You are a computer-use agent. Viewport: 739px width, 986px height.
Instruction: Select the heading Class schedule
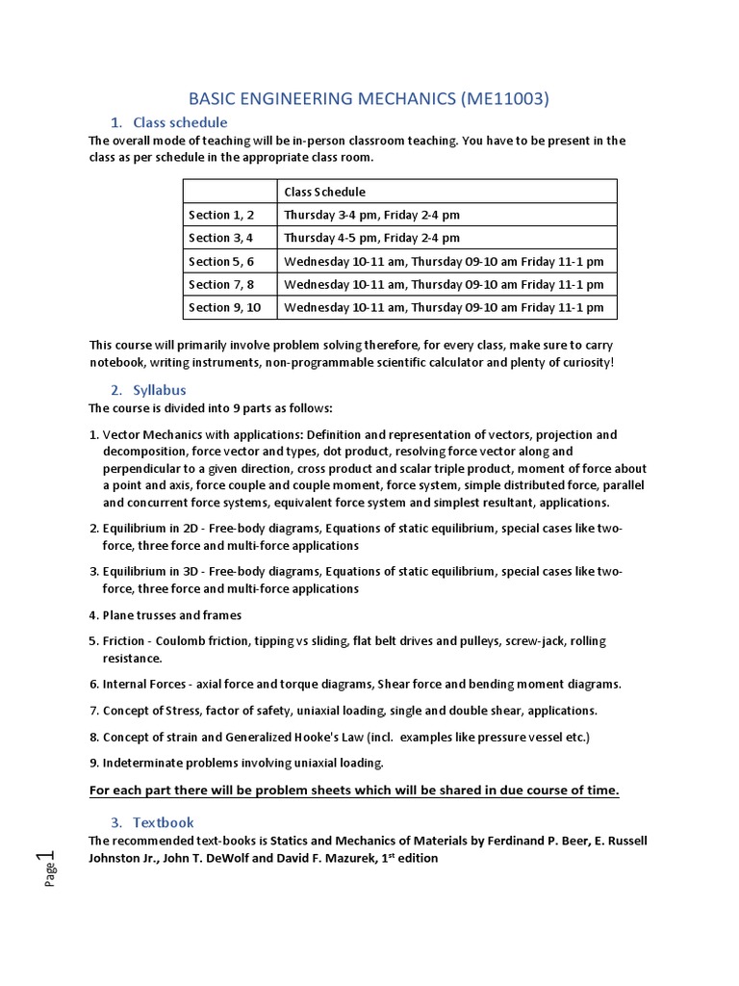[x=180, y=122]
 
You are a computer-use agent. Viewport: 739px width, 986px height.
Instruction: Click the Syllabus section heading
[x=159, y=390]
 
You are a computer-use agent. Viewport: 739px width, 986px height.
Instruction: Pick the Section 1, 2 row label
[x=222, y=215]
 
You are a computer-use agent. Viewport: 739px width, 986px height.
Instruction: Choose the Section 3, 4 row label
[x=222, y=238]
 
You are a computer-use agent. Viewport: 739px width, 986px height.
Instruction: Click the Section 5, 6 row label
[x=222, y=261]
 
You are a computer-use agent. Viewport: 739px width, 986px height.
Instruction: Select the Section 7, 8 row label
[x=222, y=284]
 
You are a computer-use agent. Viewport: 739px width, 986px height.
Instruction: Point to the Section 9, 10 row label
[x=225, y=307]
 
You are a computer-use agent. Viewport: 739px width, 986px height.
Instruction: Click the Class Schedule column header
[x=324, y=192]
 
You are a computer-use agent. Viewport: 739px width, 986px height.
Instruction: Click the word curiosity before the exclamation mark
[x=578, y=362]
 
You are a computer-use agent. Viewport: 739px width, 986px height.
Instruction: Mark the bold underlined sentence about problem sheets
[x=354, y=791]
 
